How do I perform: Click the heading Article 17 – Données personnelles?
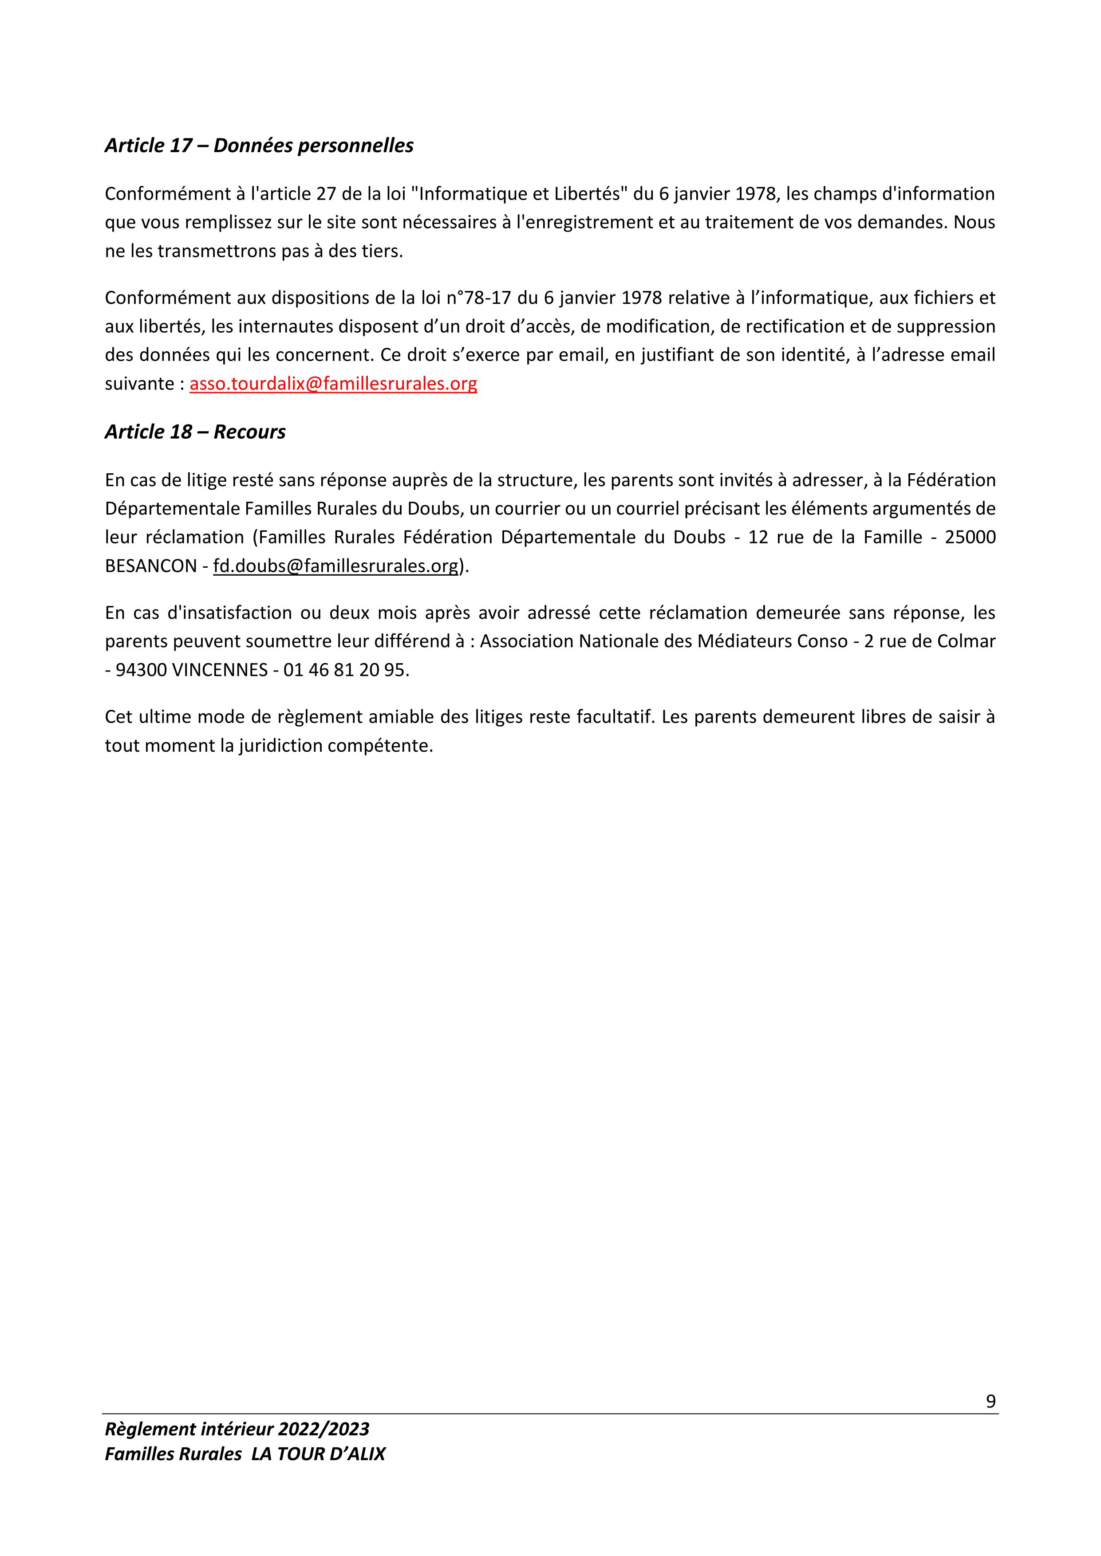click(x=259, y=145)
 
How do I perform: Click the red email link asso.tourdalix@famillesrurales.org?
click(x=333, y=384)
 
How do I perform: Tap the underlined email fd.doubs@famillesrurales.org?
click(x=335, y=566)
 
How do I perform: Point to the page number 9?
click(x=991, y=1402)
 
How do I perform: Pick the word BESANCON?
click(x=150, y=566)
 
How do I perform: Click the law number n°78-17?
click(x=484, y=298)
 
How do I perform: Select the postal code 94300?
click(x=142, y=670)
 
